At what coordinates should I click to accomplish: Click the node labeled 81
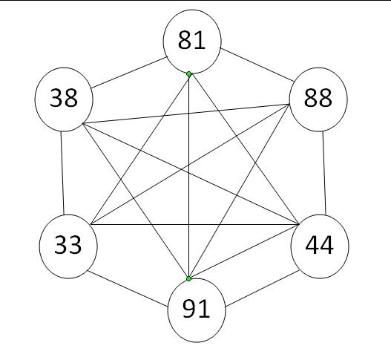click(x=192, y=42)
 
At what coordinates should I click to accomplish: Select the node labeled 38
click(x=64, y=99)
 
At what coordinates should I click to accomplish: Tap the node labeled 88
click(x=318, y=99)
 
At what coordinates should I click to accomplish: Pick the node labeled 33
click(x=68, y=246)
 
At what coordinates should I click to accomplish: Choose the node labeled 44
click(x=320, y=246)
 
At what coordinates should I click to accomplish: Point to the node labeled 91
click(x=197, y=310)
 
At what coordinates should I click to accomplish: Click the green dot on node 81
click(x=188, y=73)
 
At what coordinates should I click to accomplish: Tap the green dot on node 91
click(x=188, y=278)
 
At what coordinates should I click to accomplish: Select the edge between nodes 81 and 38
click(x=129, y=73)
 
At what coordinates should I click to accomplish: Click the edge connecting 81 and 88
click(x=257, y=65)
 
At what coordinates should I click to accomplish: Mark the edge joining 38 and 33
click(x=62, y=173)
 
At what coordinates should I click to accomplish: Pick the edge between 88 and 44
click(x=324, y=173)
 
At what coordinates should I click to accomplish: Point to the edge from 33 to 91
click(x=127, y=289)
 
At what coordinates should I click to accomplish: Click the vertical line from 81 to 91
click(x=188, y=176)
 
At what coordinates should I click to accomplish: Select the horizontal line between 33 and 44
click(x=195, y=224)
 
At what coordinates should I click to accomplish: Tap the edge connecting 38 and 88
click(x=185, y=114)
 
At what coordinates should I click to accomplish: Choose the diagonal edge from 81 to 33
click(x=139, y=149)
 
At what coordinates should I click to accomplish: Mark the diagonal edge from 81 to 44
click(x=244, y=149)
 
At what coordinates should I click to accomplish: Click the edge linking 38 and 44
click(x=191, y=174)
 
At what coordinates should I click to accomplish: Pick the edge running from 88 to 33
click(x=190, y=164)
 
